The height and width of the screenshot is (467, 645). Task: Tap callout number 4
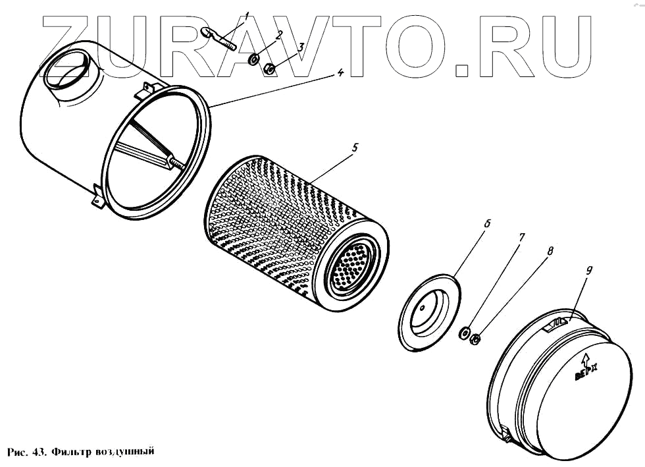coord(340,73)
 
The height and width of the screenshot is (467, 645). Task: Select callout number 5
coord(354,148)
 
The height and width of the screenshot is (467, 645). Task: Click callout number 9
coord(589,269)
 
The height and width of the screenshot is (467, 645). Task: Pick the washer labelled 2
coord(253,61)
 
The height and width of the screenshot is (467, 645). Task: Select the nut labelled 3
coord(269,69)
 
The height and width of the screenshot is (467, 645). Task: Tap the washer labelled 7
coord(465,333)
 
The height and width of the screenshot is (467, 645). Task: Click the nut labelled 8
coord(476,339)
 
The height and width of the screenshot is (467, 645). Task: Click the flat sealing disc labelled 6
coord(428,310)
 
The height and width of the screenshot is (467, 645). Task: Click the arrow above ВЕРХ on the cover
coord(584,360)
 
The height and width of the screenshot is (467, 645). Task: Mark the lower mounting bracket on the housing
coord(97,196)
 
